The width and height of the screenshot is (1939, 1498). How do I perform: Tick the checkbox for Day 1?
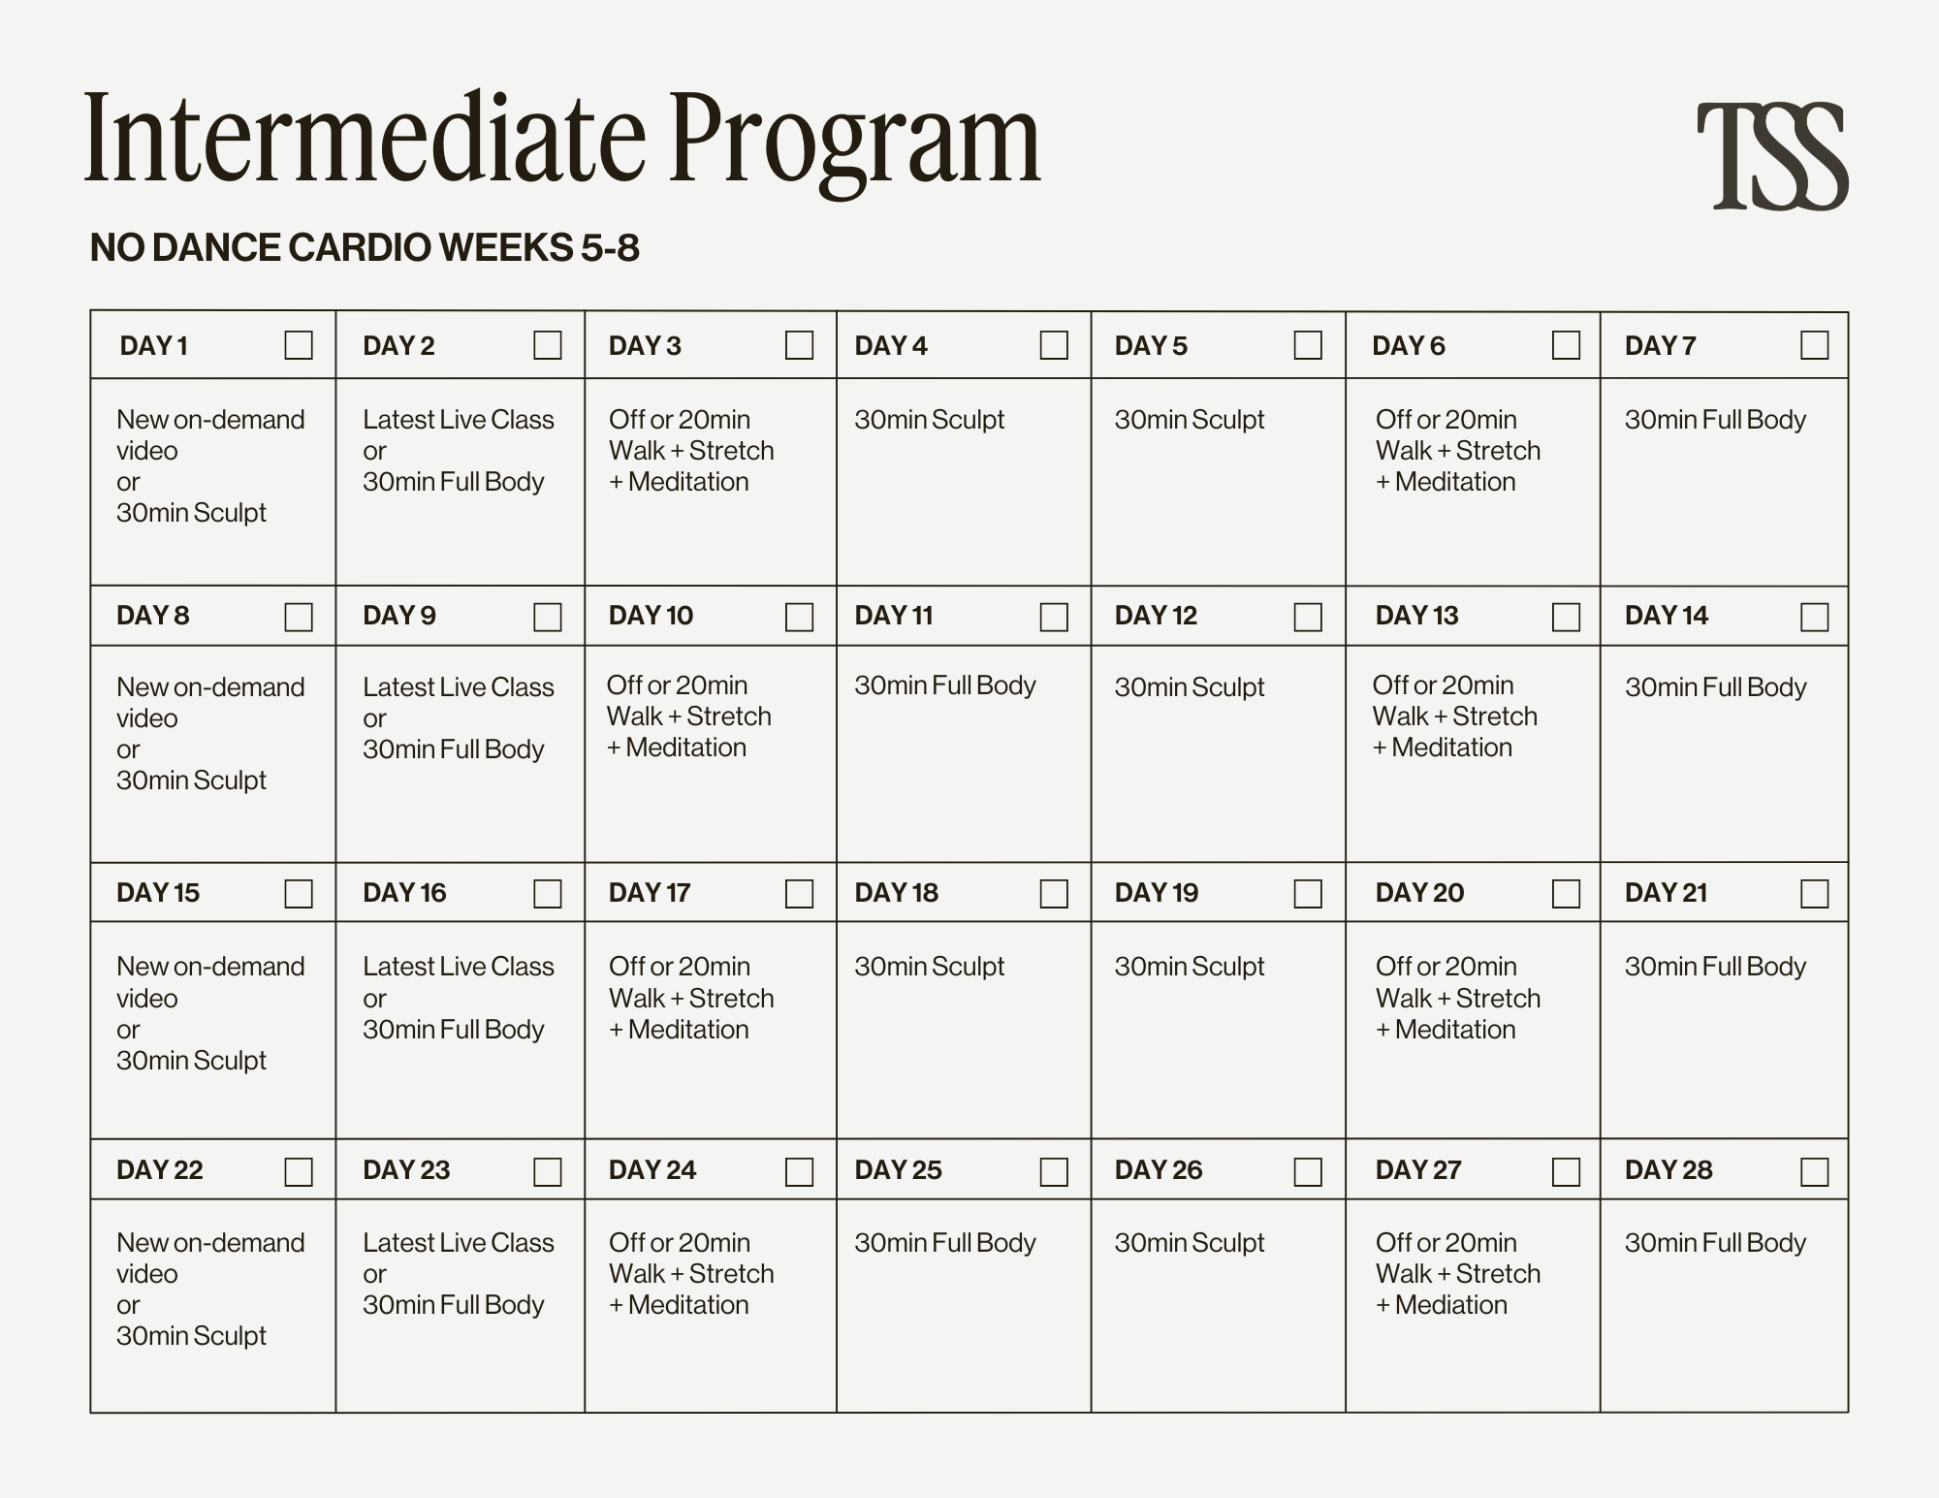299,345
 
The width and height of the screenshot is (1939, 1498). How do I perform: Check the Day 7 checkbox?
1814,345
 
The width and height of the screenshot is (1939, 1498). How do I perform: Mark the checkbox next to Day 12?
1308,617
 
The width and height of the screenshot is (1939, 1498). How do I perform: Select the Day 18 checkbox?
1054,893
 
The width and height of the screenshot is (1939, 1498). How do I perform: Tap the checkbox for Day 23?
548,1171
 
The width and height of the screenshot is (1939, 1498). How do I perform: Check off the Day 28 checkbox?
1814,1171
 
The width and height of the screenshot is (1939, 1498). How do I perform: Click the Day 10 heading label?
651,616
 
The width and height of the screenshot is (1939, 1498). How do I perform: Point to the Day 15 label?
158,893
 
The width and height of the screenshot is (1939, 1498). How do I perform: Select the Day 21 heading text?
1666,893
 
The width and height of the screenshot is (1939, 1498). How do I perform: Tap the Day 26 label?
1159,1170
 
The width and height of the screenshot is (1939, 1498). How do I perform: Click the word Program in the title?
855,141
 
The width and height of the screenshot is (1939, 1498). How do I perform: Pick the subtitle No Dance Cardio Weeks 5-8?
365,248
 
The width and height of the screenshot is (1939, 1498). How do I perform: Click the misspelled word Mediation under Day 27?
1451,1305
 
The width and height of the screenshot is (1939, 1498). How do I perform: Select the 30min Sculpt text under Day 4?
929,420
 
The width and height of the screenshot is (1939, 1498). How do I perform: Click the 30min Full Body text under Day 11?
945,685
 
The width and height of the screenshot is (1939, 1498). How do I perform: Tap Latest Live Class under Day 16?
458,967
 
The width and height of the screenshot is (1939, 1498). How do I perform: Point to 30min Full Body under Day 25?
945,1243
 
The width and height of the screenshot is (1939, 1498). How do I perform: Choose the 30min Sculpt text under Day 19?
1190,967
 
